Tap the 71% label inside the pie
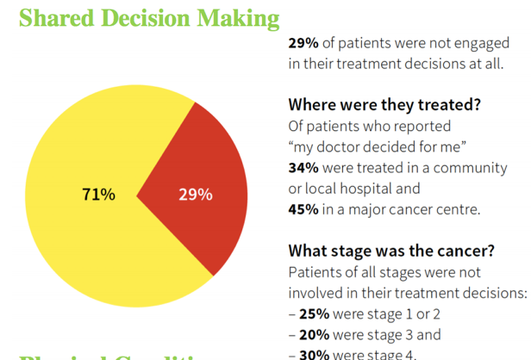[98, 194]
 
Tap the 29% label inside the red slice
[195, 194]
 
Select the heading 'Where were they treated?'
[384, 105]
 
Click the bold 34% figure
[304, 167]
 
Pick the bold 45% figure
[304, 208]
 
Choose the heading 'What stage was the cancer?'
[390, 251]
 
